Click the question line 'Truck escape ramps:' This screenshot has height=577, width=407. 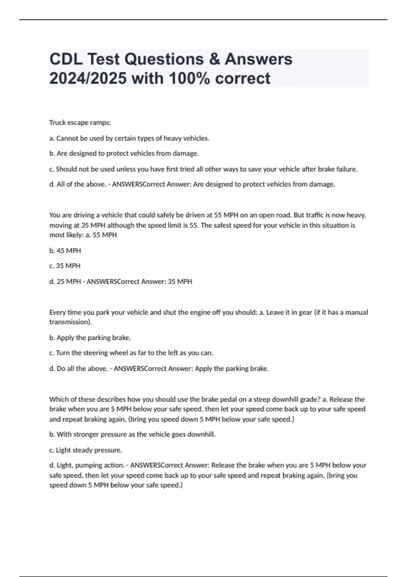(x=80, y=123)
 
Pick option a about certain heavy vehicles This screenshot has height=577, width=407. (x=129, y=138)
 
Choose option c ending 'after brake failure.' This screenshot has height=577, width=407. (x=203, y=169)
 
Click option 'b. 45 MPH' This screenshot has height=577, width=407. (x=65, y=250)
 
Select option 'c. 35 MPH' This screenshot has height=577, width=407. (x=65, y=266)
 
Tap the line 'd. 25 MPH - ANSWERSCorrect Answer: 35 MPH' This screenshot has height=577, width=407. (x=120, y=281)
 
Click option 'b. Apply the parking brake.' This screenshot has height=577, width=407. (x=90, y=338)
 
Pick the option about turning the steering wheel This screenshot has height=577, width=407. (x=131, y=353)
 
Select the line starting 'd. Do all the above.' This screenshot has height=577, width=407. (x=159, y=369)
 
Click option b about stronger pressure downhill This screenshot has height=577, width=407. (x=132, y=434)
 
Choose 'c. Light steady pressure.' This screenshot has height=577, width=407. (x=85, y=450)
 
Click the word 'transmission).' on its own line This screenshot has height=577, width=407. (x=71, y=322)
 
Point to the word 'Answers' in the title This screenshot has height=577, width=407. (x=258, y=59)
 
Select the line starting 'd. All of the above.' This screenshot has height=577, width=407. (x=192, y=184)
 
